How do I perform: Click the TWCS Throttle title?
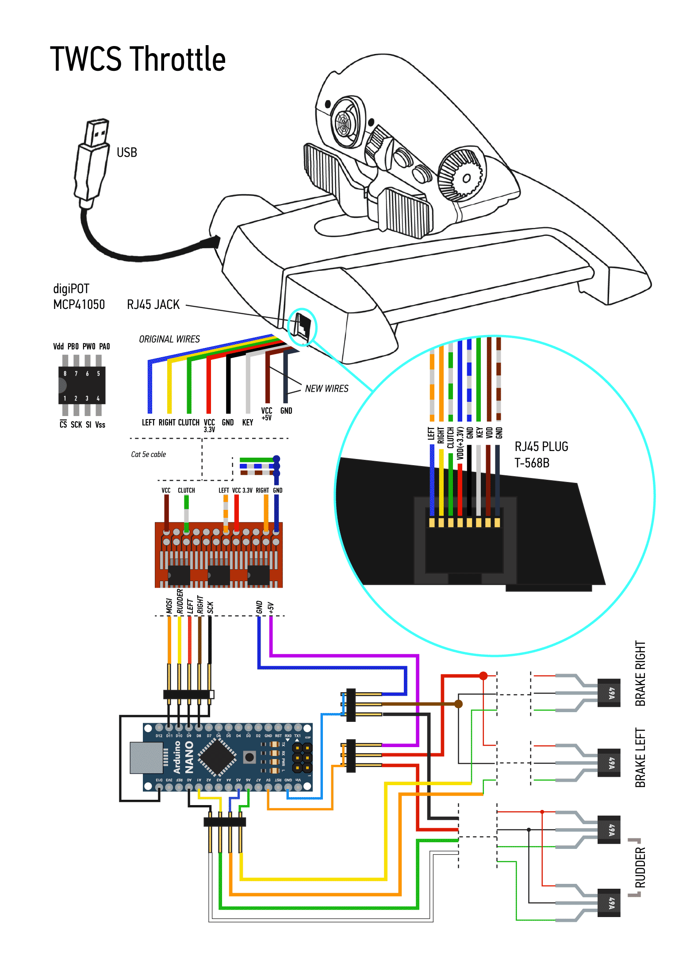138,59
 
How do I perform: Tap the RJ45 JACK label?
153,305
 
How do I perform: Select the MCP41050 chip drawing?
82,385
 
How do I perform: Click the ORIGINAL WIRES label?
169,339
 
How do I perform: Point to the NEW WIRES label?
326,389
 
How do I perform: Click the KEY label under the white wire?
248,423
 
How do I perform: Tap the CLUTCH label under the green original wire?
188,423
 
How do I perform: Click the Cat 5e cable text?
148,455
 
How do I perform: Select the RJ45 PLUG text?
541,447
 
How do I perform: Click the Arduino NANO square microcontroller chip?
217,757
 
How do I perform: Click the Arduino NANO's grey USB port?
146,758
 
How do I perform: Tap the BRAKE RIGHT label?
640,673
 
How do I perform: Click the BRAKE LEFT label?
640,757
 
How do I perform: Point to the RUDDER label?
640,867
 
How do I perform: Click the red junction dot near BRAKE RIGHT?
483,676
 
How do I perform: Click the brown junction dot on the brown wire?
459,704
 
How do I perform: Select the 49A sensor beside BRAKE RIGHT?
609,693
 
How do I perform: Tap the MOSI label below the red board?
169,606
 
